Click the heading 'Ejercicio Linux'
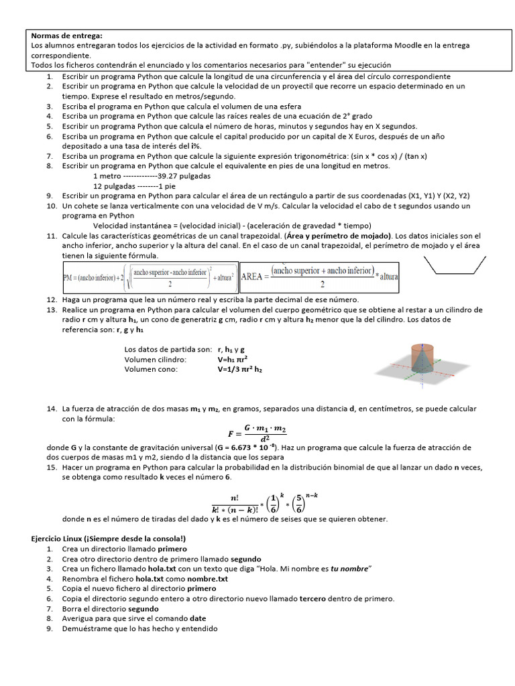[x=108, y=539]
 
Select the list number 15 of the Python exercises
[x=51, y=466]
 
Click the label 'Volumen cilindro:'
[x=155, y=359]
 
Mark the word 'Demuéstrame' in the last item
[x=87, y=628]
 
